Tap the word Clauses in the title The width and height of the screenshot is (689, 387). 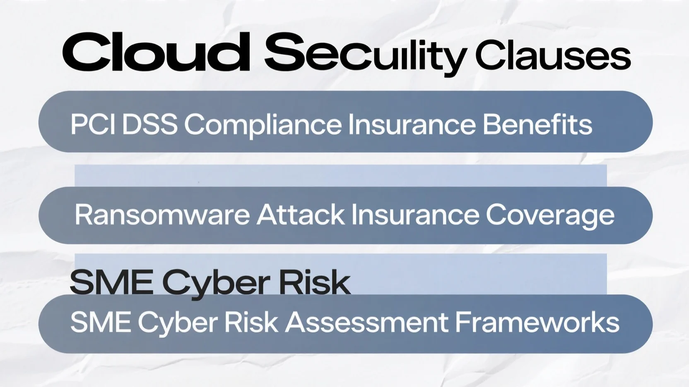coord(553,55)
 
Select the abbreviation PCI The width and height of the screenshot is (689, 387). coord(93,124)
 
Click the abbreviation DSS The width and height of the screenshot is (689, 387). coord(150,124)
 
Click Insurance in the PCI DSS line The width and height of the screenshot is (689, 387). coord(412,124)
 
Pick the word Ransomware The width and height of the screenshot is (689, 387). coord(162,215)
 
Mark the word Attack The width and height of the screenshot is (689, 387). coord(301,215)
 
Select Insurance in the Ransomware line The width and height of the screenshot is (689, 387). coord(415,215)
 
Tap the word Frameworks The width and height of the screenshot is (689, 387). coord(537,322)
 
